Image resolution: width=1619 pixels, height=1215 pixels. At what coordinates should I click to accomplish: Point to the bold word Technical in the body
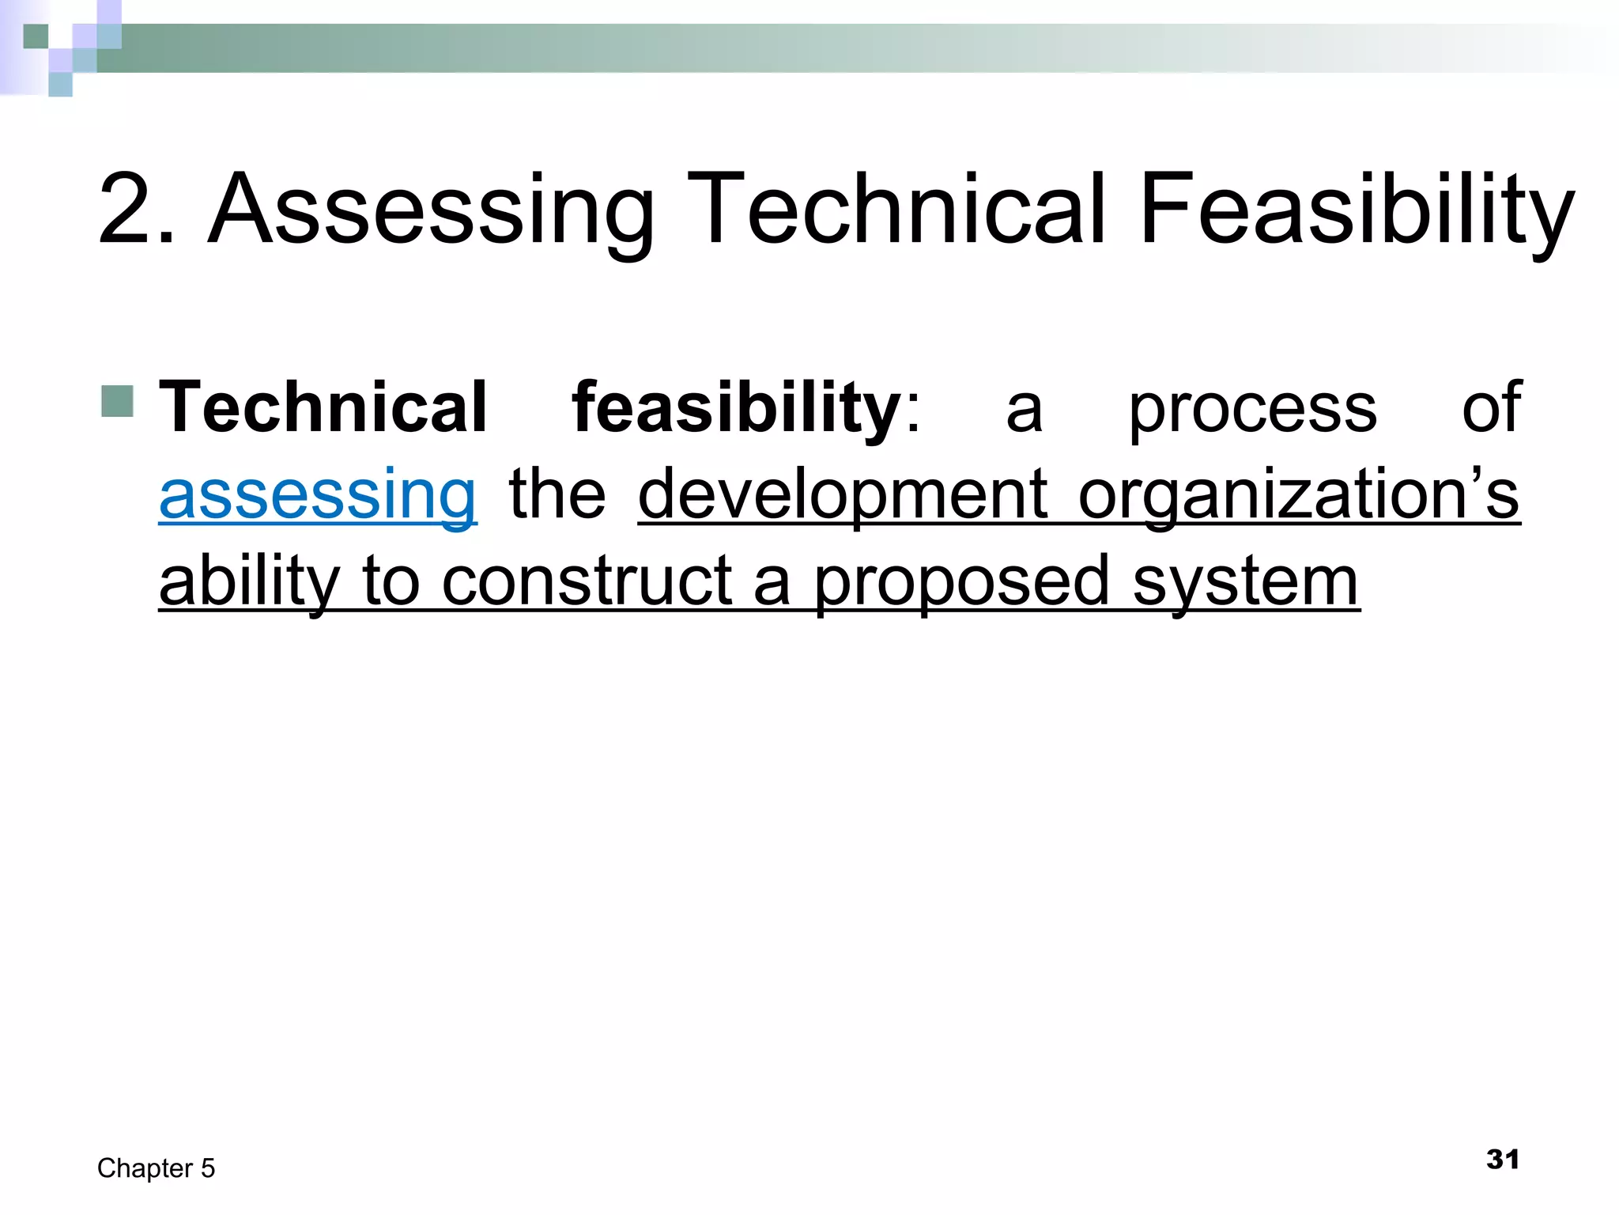click(x=323, y=407)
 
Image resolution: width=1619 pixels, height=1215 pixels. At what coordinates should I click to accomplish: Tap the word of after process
click(x=1491, y=407)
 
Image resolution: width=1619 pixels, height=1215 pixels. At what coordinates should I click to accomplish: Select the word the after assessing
click(x=557, y=494)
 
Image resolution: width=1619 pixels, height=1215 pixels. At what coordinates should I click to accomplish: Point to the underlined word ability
click(x=249, y=581)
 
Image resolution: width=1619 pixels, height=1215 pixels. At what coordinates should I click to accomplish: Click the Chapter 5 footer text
click(x=157, y=1168)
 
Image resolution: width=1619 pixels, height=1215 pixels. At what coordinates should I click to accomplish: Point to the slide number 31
click(x=1502, y=1160)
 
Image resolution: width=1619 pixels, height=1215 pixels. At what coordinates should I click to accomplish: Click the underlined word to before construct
click(x=390, y=581)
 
